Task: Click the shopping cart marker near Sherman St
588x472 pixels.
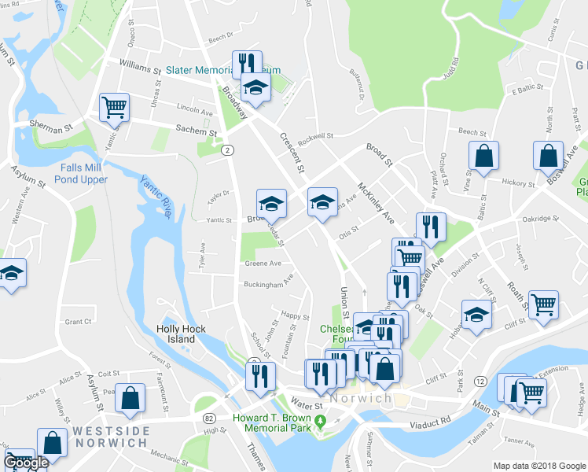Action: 114,106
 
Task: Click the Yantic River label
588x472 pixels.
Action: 156,192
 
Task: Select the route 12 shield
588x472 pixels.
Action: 480,381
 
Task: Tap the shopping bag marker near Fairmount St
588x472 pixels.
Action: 130,399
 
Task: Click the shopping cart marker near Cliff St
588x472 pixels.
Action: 543,304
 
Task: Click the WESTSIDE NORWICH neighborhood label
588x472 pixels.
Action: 110,437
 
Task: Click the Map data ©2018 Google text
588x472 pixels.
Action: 538,466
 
